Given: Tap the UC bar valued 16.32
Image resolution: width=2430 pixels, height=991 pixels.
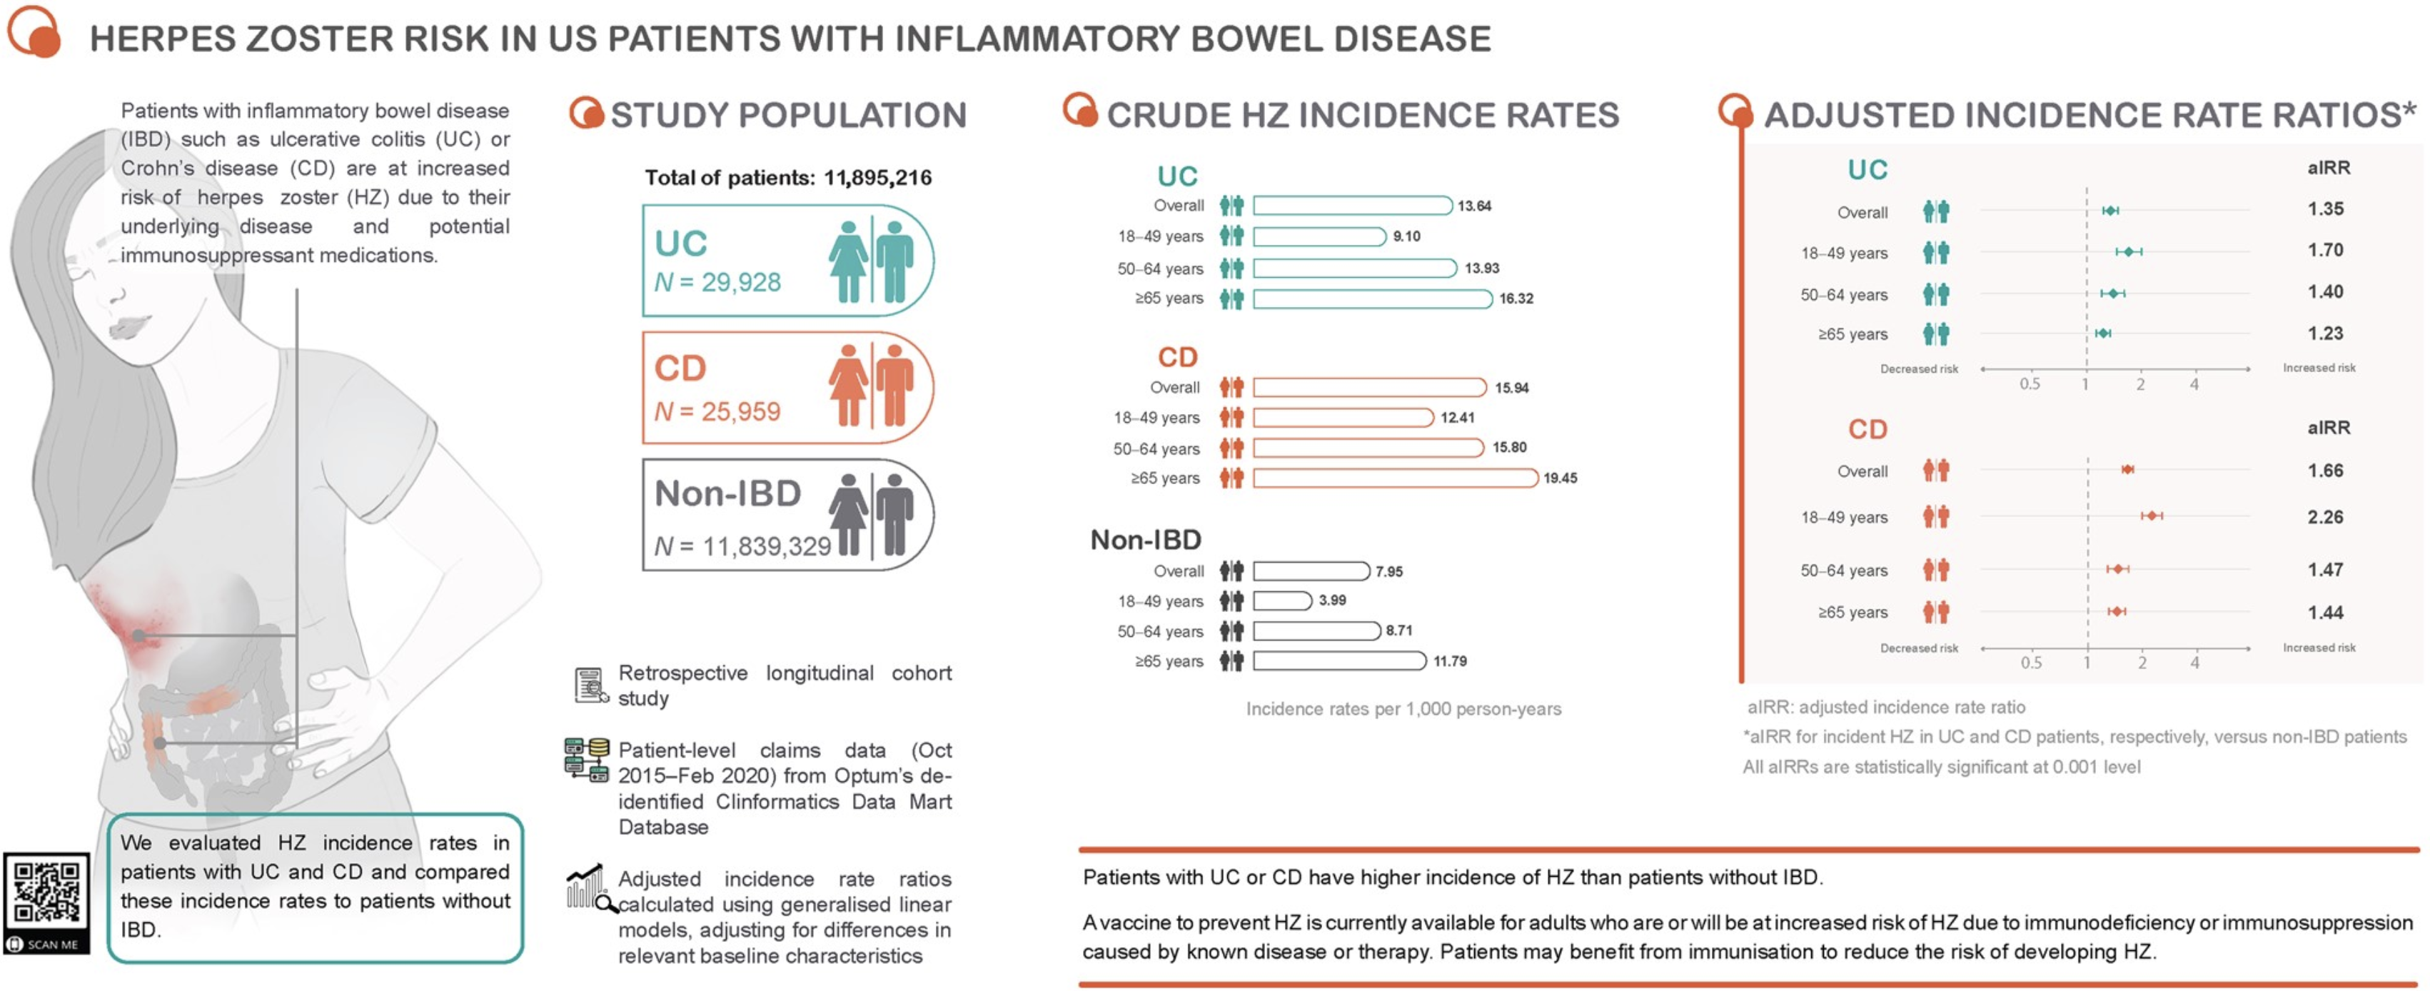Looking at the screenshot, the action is click(x=1373, y=299).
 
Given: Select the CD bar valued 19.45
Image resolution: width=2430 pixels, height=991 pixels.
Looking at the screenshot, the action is click(x=1395, y=478).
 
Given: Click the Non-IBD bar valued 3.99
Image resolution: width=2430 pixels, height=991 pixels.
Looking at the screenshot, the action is click(x=1282, y=600).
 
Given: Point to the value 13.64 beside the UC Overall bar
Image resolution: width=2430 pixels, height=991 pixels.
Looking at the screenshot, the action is click(x=1474, y=206).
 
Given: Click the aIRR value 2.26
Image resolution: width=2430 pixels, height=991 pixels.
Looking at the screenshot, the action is click(x=2325, y=517).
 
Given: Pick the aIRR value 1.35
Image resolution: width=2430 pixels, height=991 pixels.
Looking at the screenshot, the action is click(x=2325, y=208).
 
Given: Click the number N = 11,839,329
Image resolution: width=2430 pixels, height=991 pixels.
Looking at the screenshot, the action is click(x=742, y=545).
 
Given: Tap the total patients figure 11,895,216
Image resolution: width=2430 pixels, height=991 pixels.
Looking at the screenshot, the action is click(x=877, y=178).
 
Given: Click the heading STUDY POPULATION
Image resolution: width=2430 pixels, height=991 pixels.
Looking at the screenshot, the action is click(x=789, y=115).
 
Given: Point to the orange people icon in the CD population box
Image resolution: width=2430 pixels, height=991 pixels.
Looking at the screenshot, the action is click(x=871, y=385).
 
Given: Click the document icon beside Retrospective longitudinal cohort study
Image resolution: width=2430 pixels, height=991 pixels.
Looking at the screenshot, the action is click(x=590, y=685).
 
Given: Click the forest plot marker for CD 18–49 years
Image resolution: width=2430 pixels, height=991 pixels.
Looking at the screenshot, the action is click(x=2152, y=515).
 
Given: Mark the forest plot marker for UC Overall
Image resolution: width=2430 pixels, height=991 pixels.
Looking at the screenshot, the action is click(x=2110, y=211).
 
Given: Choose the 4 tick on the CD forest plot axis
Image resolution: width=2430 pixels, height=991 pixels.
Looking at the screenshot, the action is click(x=2195, y=663).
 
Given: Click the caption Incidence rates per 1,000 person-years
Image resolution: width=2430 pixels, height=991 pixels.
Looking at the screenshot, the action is click(x=1403, y=709).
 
